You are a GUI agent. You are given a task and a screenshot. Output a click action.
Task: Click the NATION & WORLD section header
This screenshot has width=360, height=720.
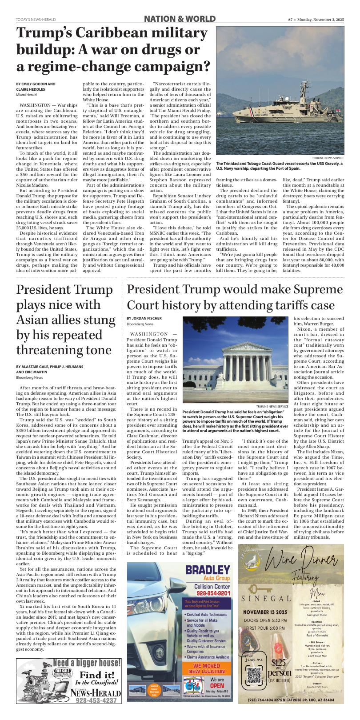pyautogui.click(x=180, y=19)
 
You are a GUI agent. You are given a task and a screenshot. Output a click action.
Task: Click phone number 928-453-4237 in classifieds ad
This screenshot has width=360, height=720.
pyautogui.click(x=98, y=700)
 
